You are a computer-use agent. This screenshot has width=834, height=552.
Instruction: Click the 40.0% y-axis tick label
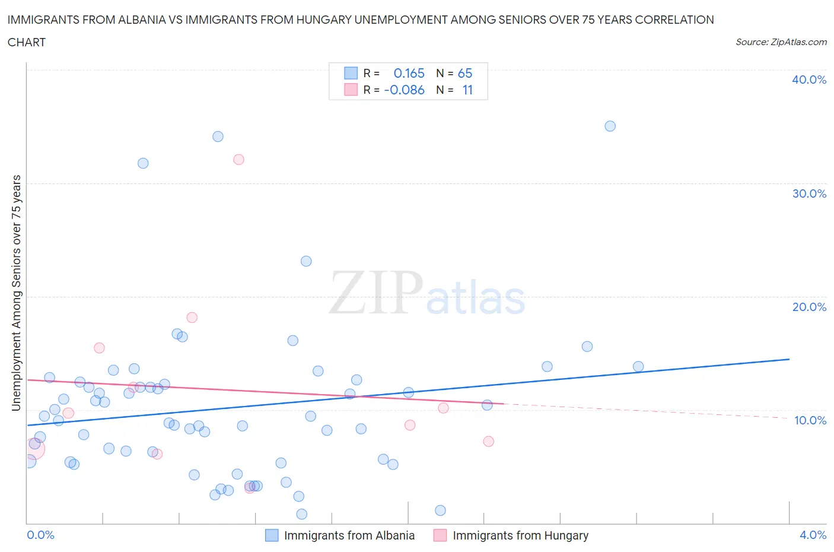click(808, 80)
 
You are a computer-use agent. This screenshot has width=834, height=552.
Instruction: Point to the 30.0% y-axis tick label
click(808, 193)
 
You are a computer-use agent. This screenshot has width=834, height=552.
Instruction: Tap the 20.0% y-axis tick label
click(808, 307)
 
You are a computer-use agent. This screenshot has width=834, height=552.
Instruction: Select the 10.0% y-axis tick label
click(810, 420)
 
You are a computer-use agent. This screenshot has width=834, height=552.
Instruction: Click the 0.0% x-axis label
click(40, 535)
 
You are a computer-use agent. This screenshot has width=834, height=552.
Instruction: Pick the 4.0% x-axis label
click(813, 535)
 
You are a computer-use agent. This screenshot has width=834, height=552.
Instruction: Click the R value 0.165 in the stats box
click(409, 73)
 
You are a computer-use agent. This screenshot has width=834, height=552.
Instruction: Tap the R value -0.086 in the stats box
click(404, 90)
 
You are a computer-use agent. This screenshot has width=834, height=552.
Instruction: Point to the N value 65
click(465, 73)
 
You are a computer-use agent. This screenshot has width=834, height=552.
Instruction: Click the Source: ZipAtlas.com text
click(781, 42)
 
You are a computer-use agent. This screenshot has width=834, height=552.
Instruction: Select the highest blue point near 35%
click(610, 126)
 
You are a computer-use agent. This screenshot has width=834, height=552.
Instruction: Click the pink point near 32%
click(238, 159)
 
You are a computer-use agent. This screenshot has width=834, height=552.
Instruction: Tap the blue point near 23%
click(306, 261)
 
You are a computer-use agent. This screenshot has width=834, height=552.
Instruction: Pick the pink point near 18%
click(192, 318)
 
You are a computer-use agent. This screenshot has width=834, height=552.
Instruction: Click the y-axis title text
click(17, 293)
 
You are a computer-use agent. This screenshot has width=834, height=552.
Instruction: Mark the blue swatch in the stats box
click(351, 73)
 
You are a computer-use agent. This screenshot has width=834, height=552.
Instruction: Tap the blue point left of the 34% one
click(143, 163)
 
